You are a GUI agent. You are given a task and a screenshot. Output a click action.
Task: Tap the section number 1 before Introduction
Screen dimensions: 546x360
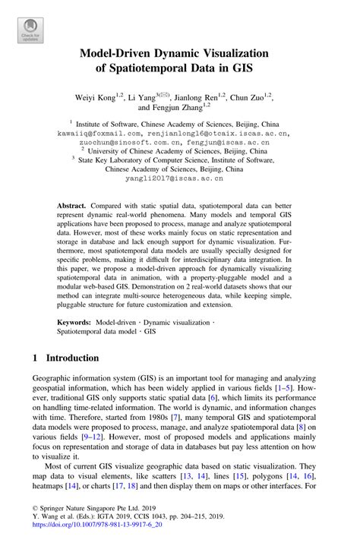pos(36,358)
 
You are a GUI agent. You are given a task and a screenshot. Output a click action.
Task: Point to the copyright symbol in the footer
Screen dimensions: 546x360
pos(35,513)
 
